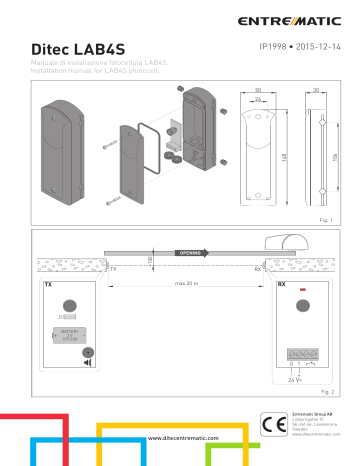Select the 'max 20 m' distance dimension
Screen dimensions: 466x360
180,285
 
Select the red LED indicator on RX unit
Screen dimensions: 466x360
301,294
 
